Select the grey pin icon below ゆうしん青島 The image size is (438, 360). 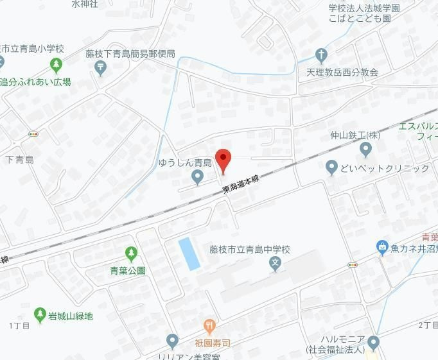198,176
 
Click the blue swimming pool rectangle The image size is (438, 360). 189,253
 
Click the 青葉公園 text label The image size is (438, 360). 128,270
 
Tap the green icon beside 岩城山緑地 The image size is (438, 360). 40,315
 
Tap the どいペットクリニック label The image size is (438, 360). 385,169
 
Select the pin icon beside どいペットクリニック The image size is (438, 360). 331,168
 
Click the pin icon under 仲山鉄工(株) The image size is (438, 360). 365,150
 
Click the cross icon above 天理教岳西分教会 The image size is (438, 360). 320,55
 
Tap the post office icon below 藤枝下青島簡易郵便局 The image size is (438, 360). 101,69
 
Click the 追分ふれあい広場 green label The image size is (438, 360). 36,82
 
